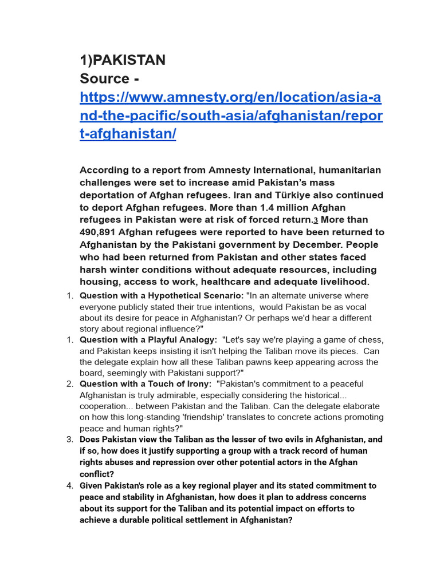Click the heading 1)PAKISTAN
122,60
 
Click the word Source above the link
104,78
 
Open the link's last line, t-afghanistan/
128,134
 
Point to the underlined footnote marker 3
315,220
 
